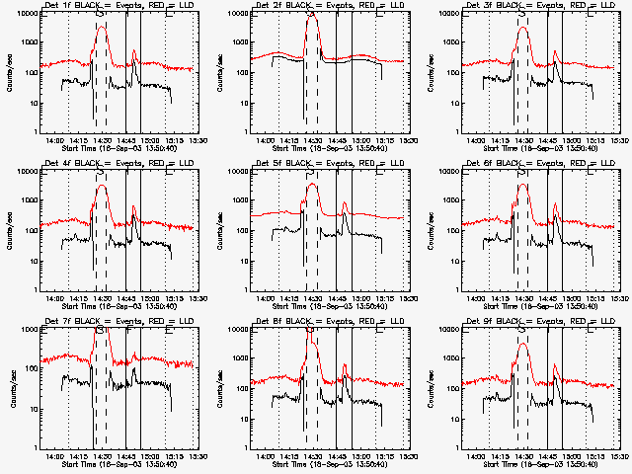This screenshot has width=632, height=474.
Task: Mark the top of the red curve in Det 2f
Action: pos(312,16)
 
